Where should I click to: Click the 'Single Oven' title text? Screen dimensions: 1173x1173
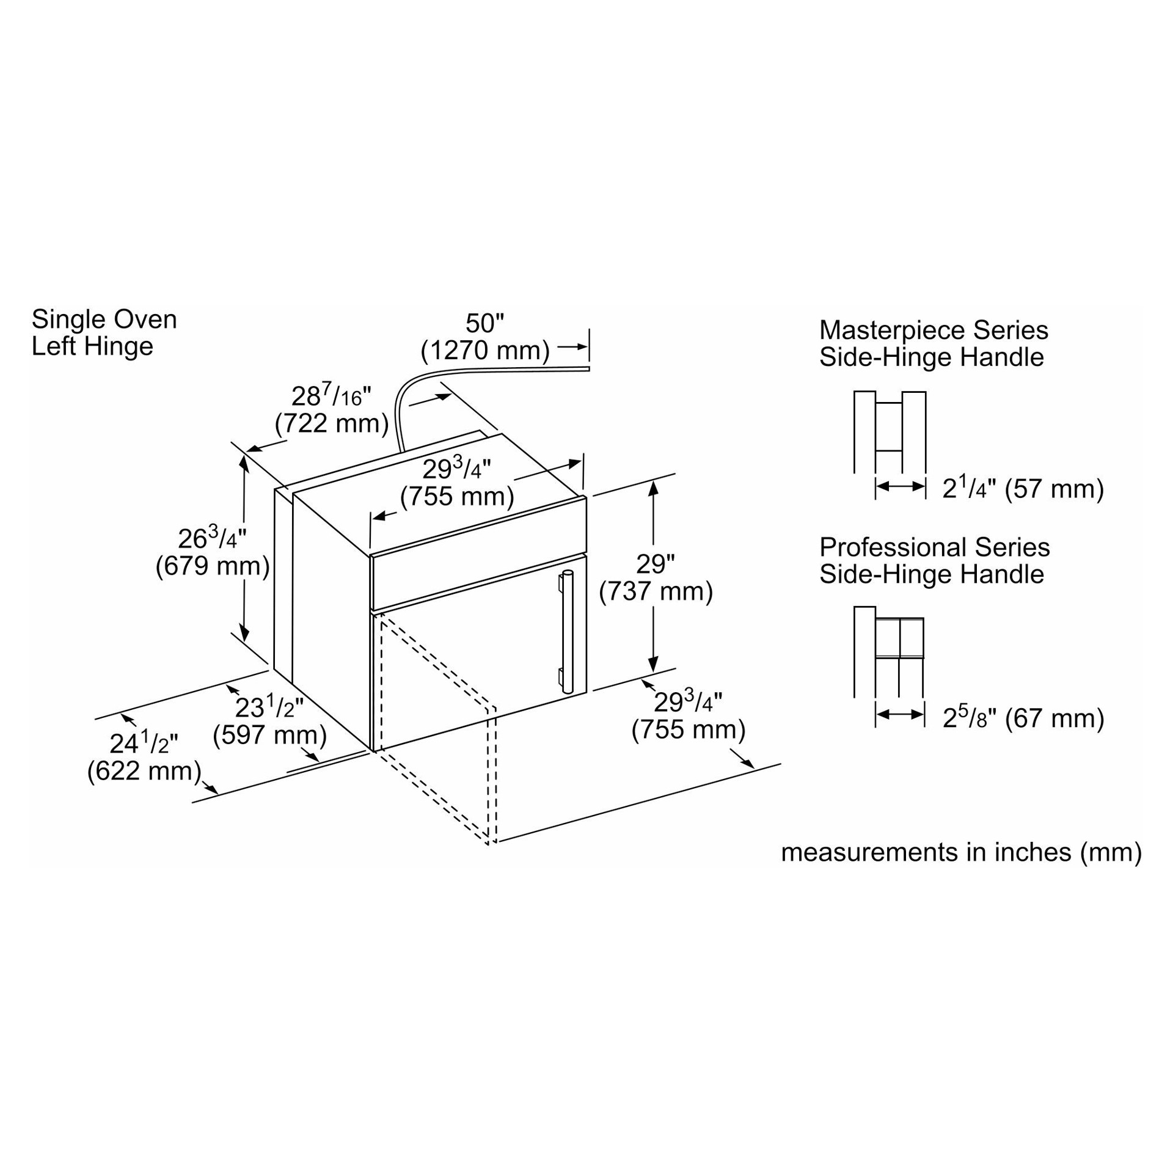pyautogui.click(x=104, y=320)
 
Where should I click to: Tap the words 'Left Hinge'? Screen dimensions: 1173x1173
pyautogui.click(x=92, y=346)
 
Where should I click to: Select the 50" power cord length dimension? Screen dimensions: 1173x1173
pyautogui.click(x=484, y=323)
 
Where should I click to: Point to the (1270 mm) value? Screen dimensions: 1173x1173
pyautogui.click(x=485, y=351)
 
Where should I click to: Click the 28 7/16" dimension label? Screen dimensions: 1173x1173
pyautogui.click(x=331, y=396)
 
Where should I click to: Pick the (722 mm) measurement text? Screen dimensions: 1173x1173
pyautogui.click(x=332, y=423)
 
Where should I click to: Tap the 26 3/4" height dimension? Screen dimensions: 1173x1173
pyautogui.click(x=211, y=538)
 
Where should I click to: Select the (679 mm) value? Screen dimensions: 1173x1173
pyautogui.click(x=213, y=566)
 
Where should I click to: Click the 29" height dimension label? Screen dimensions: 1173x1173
pyautogui.click(x=655, y=564)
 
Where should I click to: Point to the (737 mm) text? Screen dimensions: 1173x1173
pyautogui.click(x=656, y=591)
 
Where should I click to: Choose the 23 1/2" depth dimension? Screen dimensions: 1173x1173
pyautogui.click(x=269, y=707)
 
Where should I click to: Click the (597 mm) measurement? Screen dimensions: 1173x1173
pyautogui.click(x=269, y=735)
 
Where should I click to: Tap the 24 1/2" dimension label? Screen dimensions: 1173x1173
pyautogui.click(x=144, y=744)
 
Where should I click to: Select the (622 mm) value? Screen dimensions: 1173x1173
pyautogui.click(x=144, y=771)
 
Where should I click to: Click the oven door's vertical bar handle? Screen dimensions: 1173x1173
pyautogui.click(x=568, y=632)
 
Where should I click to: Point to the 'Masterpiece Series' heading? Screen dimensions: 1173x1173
pyautogui.click(x=934, y=331)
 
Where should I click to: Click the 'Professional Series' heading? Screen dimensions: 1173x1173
pyautogui.click(x=934, y=547)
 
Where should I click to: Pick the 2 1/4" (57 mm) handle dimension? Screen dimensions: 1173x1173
pyautogui.click(x=1023, y=489)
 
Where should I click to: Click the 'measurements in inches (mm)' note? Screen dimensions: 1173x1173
pyautogui.click(x=961, y=852)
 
